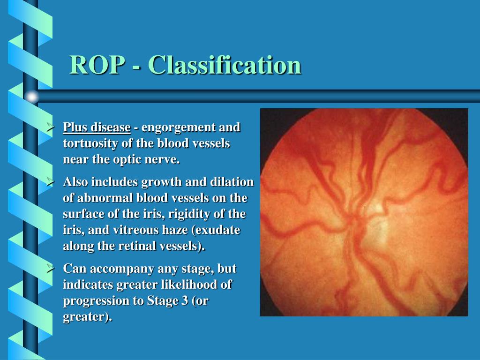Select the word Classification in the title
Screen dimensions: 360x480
tap(225, 65)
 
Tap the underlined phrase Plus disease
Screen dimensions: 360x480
tap(97, 127)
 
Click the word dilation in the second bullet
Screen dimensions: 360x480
tap(233, 182)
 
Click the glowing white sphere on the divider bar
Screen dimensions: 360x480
tap(31, 97)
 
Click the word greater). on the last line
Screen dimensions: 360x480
tap(88, 317)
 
